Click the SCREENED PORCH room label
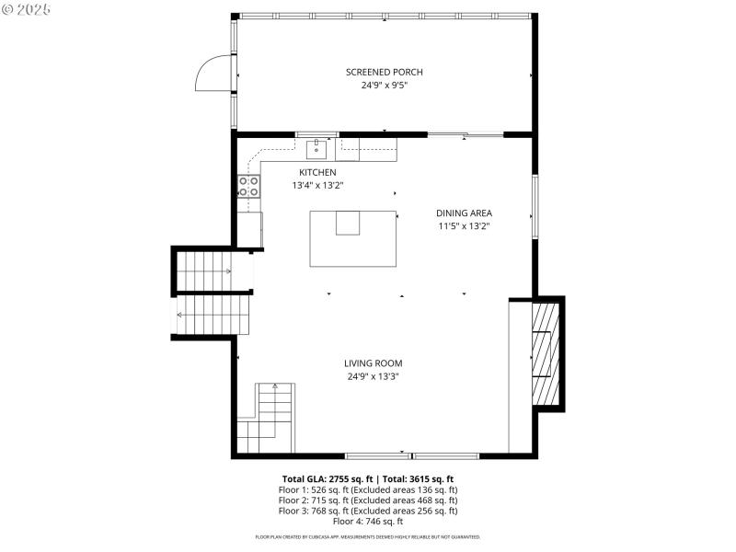[384, 73]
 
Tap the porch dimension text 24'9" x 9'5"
[384, 86]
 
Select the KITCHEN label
[317, 172]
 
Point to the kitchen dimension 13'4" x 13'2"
[317, 185]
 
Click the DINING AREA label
[464, 213]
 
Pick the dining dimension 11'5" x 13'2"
[464, 225]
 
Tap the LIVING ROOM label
[373, 363]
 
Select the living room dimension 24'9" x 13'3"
[373, 376]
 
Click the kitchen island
[352, 238]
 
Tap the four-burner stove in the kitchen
[248, 187]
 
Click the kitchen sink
[316, 147]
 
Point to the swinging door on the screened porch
[212, 73]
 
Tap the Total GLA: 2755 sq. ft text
[325, 479]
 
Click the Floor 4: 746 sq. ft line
[367, 521]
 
